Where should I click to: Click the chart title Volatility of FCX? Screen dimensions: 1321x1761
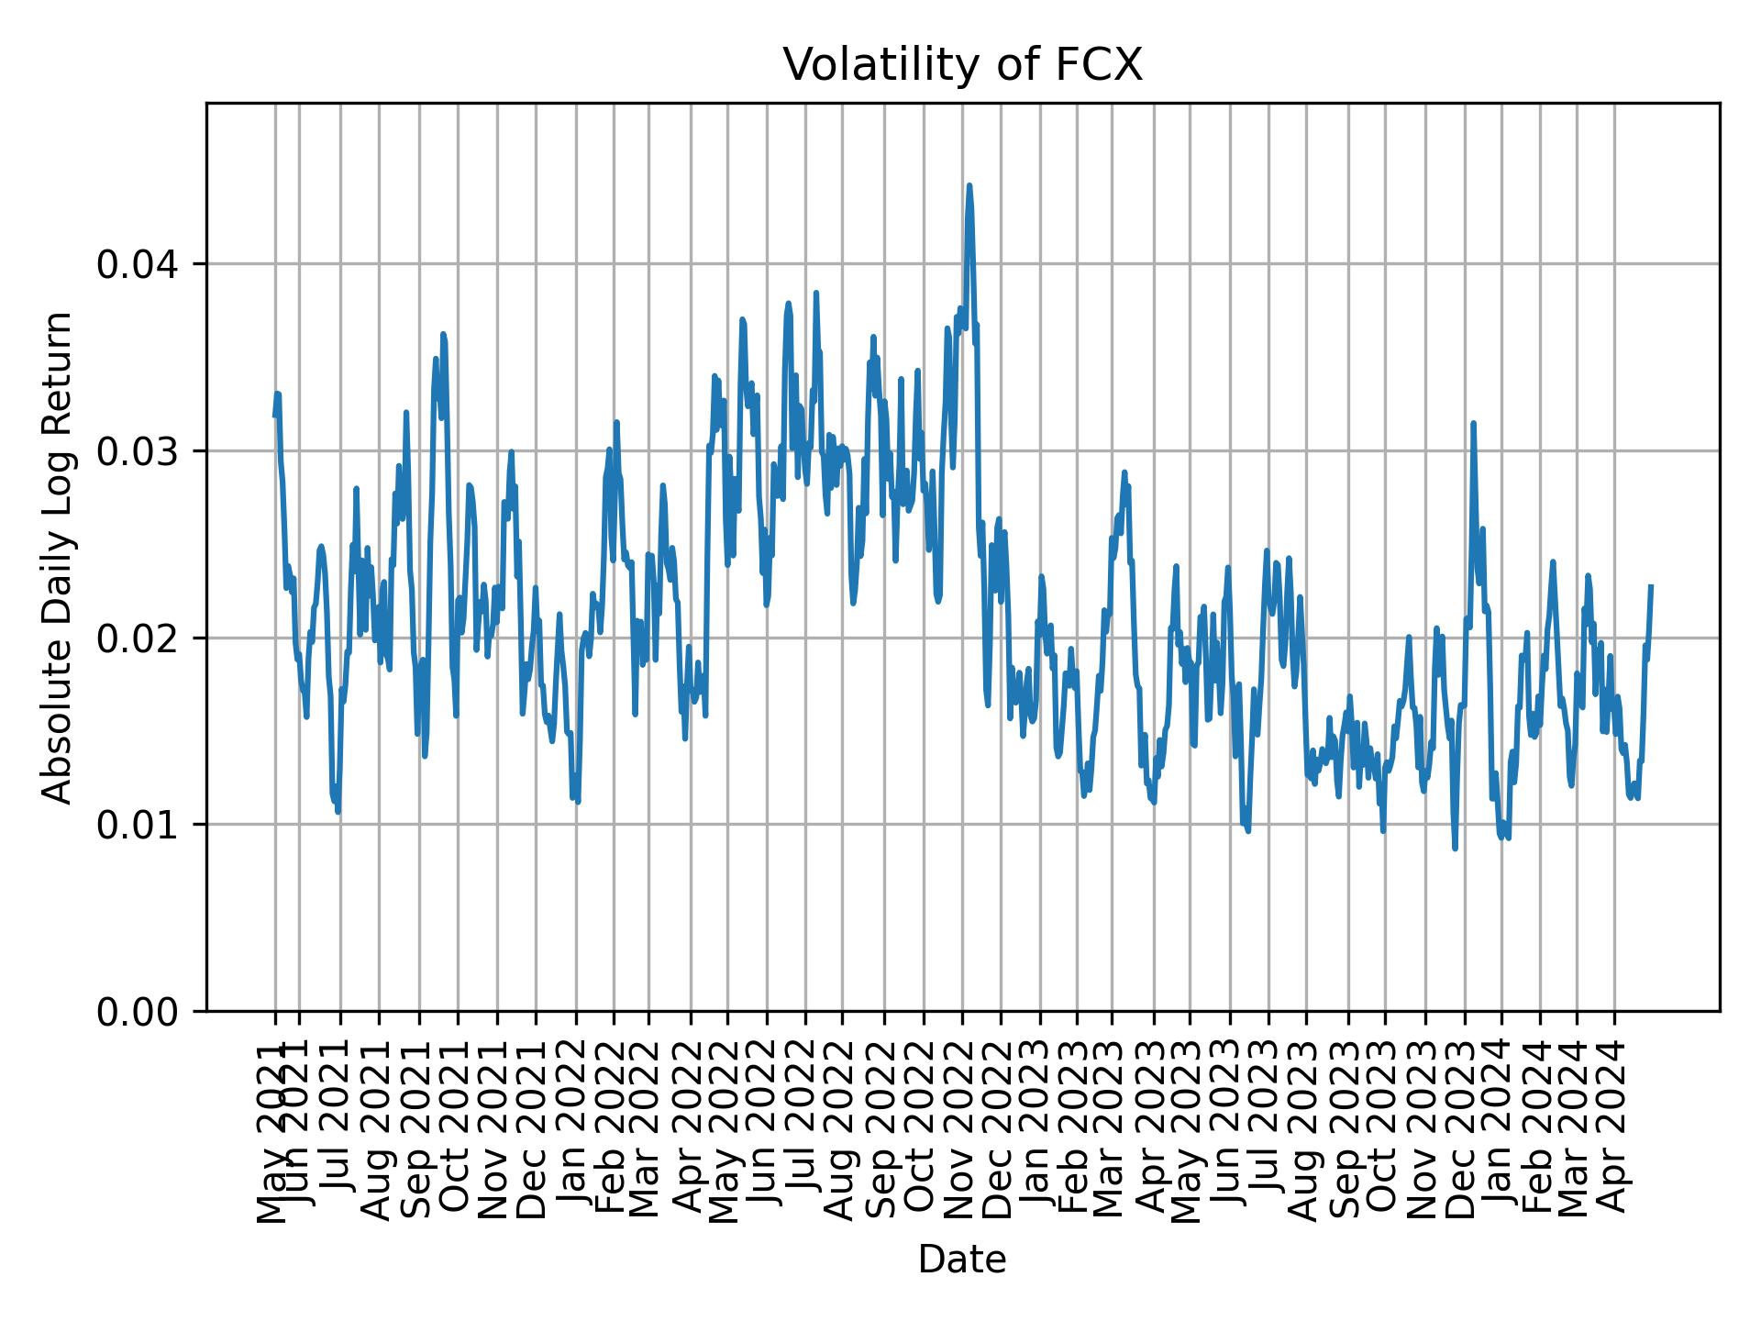[962, 65]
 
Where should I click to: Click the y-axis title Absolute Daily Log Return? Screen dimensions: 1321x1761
[59, 557]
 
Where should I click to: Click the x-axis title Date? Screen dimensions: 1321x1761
[962, 1260]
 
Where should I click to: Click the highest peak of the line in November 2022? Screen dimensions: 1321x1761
[969, 185]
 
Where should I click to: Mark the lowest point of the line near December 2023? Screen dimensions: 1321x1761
[1455, 849]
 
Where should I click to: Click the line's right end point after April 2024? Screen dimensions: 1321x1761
[1651, 585]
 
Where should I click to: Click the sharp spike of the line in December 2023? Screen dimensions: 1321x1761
[1473, 423]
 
